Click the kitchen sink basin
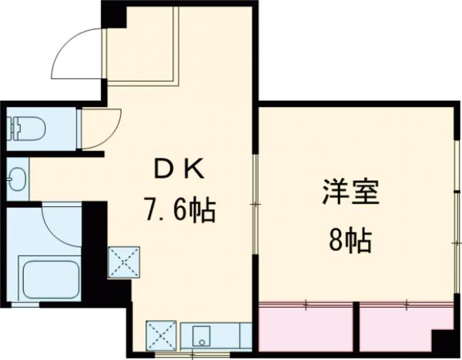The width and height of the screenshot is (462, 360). (203, 335)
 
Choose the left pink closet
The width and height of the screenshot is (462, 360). (305, 326)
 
